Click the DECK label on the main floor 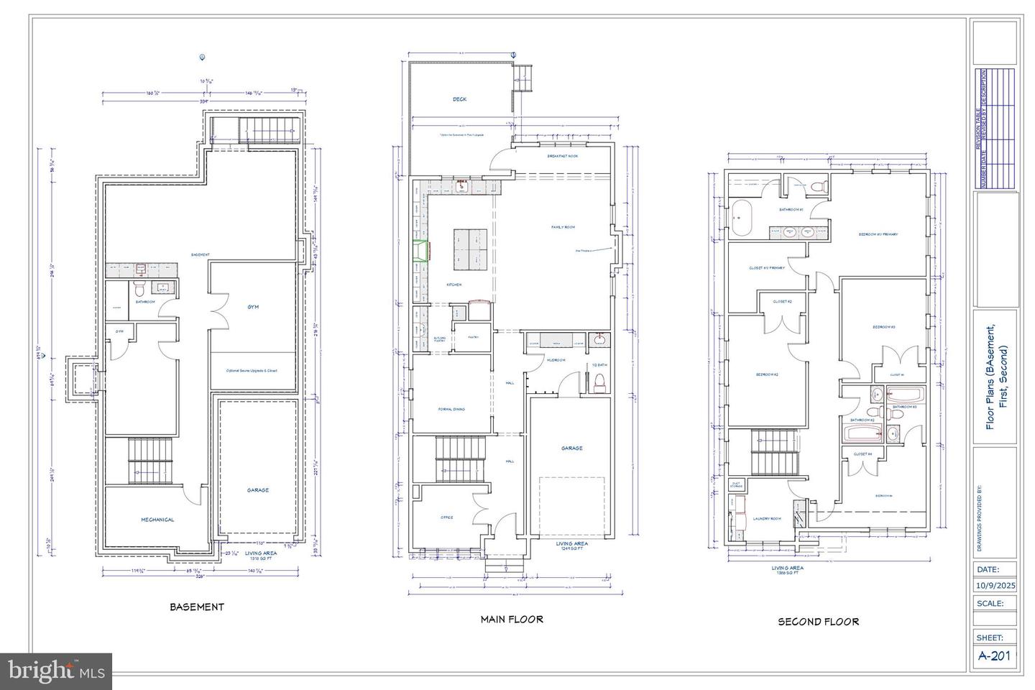pyautogui.click(x=459, y=99)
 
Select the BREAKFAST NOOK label pyautogui.click(x=562, y=156)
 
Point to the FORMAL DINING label pyautogui.click(x=451, y=409)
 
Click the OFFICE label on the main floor pyautogui.click(x=447, y=517)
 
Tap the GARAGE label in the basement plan pyautogui.click(x=258, y=490)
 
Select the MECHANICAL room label pyautogui.click(x=157, y=520)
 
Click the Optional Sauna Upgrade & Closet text pyautogui.click(x=252, y=371)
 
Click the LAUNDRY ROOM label pyautogui.click(x=766, y=518)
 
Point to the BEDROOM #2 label pyautogui.click(x=767, y=374)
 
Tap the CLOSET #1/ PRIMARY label pyautogui.click(x=766, y=268)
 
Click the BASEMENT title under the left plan pyautogui.click(x=196, y=607)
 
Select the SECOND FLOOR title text pyautogui.click(x=818, y=622)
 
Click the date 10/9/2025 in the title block pyautogui.click(x=995, y=585)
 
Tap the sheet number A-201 pyautogui.click(x=995, y=655)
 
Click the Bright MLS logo pyautogui.click(x=55, y=671)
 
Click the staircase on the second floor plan pyautogui.click(x=775, y=453)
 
